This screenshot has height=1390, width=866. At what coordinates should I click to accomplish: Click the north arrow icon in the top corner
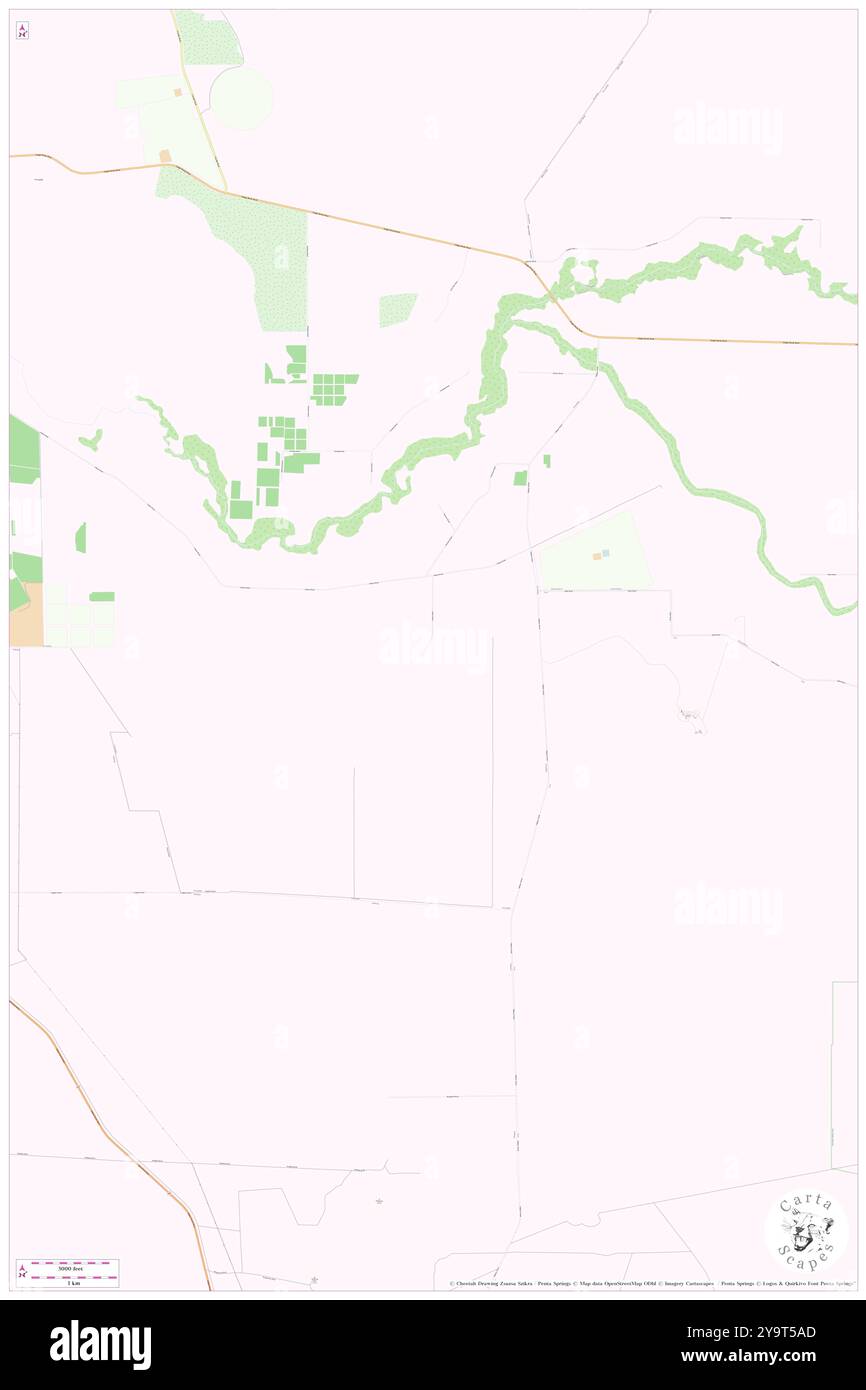coord(22,31)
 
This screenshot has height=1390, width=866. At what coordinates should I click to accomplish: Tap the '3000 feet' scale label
coord(70,1267)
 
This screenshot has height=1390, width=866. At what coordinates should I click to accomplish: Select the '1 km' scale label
coord(70,1282)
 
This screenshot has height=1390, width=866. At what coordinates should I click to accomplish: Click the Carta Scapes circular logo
coord(806,1229)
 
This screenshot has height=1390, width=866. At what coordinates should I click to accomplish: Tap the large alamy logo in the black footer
coord(101,1344)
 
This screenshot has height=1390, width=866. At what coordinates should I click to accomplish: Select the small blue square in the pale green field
coord(605,553)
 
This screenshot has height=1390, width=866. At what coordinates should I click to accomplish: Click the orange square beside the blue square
coord(596,556)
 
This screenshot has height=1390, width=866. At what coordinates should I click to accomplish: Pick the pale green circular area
coord(240,98)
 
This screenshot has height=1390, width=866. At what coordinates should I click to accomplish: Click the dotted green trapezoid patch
coord(397,309)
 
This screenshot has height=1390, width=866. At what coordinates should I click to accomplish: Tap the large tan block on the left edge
coord(26,614)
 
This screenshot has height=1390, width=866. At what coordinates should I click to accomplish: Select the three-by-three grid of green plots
coord(334,389)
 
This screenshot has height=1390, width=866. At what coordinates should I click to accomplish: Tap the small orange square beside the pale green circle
coord(177,92)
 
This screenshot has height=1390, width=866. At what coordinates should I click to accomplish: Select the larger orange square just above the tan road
coord(165,156)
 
